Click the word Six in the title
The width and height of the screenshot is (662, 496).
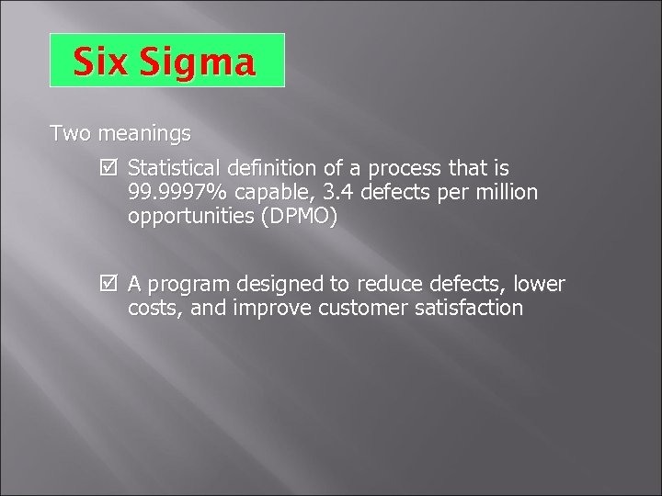(x=100, y=62)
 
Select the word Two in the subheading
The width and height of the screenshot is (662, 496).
(x=70, y=134)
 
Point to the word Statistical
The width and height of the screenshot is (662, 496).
(x=175, y=170)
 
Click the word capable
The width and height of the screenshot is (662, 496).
(x=273, y=195)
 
